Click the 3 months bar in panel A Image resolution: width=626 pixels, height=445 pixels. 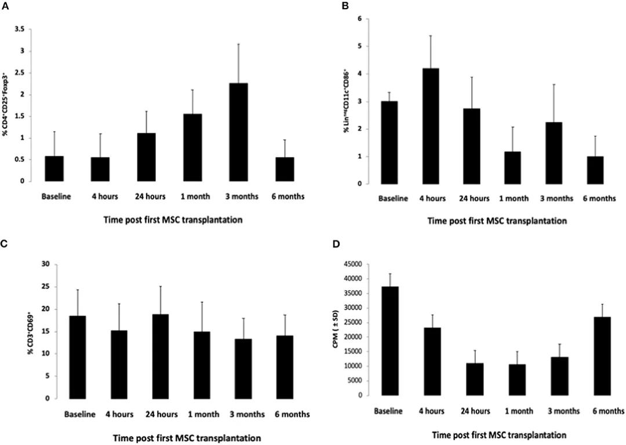(238, 132)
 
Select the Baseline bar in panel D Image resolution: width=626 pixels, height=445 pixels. (391, 341)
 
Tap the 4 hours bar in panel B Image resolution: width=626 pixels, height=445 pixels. (430, 126)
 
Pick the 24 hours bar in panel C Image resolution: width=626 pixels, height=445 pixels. (161, 356)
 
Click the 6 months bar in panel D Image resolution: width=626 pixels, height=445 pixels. (602, 356)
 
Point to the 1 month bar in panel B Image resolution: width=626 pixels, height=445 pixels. (512, 167)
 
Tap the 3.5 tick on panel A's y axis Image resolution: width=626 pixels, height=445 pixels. (20, 30)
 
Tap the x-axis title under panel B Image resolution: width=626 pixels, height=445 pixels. (497, 221)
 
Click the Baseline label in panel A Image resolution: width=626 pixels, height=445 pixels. (56, 196)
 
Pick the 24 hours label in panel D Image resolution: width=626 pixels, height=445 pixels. (475, 411)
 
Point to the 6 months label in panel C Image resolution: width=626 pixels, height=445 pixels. (292, 414)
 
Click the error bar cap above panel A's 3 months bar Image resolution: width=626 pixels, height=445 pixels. (238, 44)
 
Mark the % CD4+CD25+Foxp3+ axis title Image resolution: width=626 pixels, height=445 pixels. (6, 104)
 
